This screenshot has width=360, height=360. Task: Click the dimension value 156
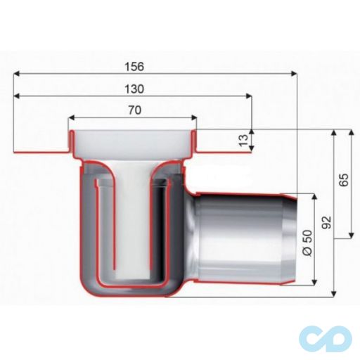coord(133,67)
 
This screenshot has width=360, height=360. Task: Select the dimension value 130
coord(133,89)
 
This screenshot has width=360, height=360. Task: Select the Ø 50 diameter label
coord(305,242)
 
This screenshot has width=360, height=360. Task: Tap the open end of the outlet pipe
coord(298,240)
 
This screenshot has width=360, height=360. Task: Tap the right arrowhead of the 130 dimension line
coord(250,96)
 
